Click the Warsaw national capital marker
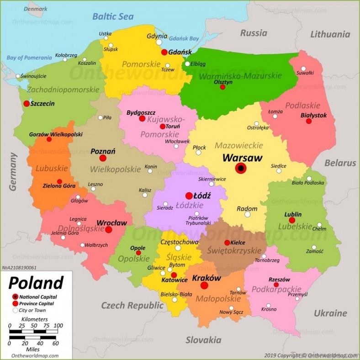pyautogui.click(x=241, y=169)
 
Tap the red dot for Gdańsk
pyautogui.click(x=164, y=52)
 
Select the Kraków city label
pyautogui.click(x=206, y=278)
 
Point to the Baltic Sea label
pyautogui.click(x=113, y=17)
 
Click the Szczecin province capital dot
pyautogui.click(x=26, y=104)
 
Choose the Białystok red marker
pyautogui.click(x=309, y=121)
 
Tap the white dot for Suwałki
pyautogui.click(x=303, y=69)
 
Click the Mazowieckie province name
pyautogui.click(x=238, y=145)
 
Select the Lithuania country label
pyautogui.click(x=330, y=34)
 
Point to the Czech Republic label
pyautogui.click(x=126, y=305)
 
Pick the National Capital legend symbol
pyautogui.click(x=16, y=296)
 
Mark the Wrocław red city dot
pyautogui.click(x=109, y=229)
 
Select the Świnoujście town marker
pyautogui.click(x=18, y=76)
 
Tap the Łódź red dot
pyautogui.click(x=189, y=196)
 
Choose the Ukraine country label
pyautogui.click(x=330, y=313)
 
